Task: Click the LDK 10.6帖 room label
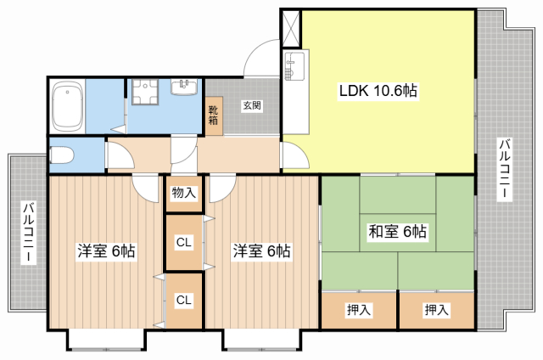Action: [x=378, y=91]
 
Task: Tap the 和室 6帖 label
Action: [x=397, y=232]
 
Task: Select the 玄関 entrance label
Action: [x=252, y=105]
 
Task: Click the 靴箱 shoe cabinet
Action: [x=214, y=115]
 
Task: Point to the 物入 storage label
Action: [x=184, y=192]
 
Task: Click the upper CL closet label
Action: [x=183, y=242]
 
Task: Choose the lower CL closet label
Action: [x=183, y=300]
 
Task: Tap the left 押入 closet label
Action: [x=359, y=309]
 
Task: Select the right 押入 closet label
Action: [x=437, y=309]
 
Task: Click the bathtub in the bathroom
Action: [x=68, y=106]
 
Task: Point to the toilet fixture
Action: [x=62, y=155]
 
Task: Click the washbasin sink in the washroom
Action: [x=184, y=87]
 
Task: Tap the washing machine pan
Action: [x=145, y=92]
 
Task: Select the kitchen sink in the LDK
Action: [x=294, y=66]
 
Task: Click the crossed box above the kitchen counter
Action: [x=291, y=29]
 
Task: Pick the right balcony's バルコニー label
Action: [x=504, y=169]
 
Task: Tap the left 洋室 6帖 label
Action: [x=106, y=250]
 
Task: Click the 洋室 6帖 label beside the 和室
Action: [x=261, y=250]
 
